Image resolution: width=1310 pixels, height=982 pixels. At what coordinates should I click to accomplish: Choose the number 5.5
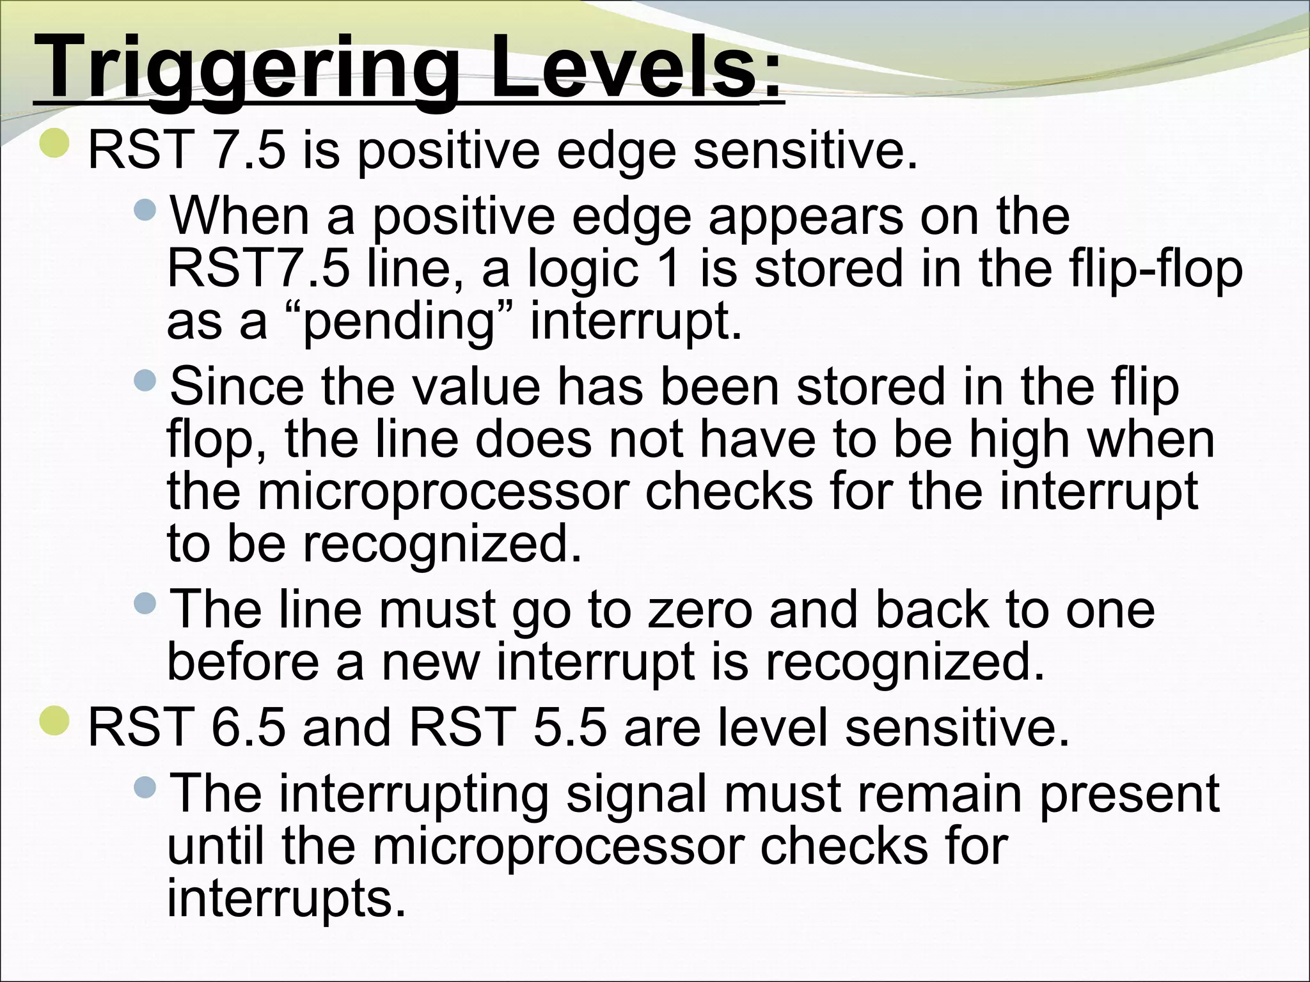pos(569,728)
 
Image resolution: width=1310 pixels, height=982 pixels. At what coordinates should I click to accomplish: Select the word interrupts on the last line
pos(286,899)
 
